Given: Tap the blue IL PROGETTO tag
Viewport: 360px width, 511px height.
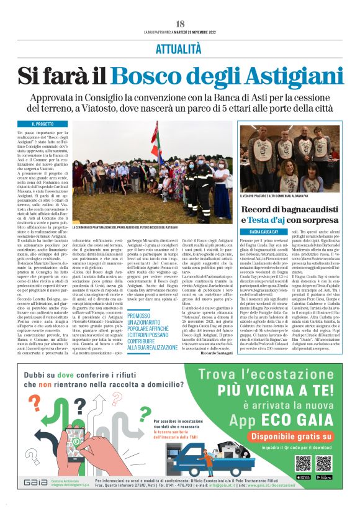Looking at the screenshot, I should [35, 124].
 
